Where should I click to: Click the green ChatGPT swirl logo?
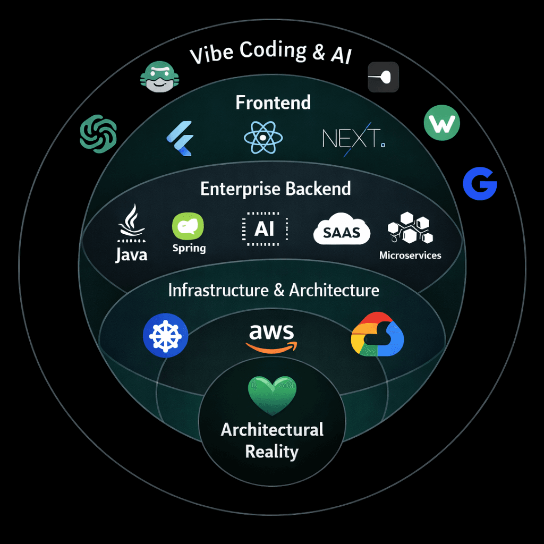[98, 133]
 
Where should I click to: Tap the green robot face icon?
[159, 76]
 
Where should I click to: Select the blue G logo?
[480, 184]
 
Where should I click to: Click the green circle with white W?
[442, 124]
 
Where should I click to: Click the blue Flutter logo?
[179, 138]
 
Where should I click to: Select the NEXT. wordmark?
[353, 139]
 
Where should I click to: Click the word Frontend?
[273, 103]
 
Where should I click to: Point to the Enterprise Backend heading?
[275, 189]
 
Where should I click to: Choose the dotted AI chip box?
[264, 228]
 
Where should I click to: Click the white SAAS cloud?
[342, 229]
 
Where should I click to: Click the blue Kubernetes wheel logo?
[166, 335]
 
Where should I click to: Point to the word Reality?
[271, 452]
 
